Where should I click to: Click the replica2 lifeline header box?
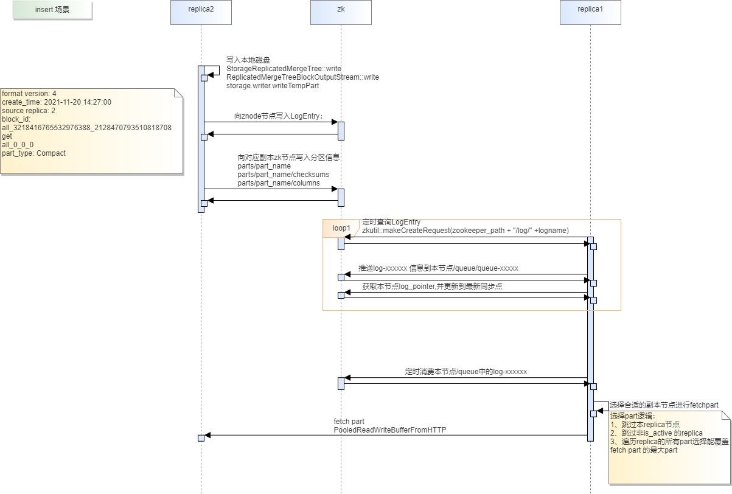[x=201, y=12]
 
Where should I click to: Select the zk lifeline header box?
[x=341, y=12]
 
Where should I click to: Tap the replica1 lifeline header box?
[x=590, y=12]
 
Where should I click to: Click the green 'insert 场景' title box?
[x=52, y=10]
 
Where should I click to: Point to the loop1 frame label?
[x=341, y=228]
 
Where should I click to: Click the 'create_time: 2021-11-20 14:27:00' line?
[x=57, y=102]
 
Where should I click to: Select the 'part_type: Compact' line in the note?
[x=33, y=153]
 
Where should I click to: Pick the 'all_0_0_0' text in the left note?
[x=18, y=145]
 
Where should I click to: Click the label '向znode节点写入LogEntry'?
[x=279, y=116]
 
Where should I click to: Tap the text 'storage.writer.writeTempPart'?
[x=273, y=86]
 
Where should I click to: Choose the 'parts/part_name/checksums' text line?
[x=284, y=175]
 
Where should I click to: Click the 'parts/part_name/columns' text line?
[x=279, y=183]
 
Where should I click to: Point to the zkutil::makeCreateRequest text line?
[x=465, y=231]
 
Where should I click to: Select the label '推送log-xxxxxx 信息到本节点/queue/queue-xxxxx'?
[x=438, y=268]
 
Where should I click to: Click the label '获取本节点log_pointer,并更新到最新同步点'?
[x=432, y=287]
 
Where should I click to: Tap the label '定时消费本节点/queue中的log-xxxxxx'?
[x=466, y=372]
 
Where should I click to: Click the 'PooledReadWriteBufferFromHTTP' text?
[x=390, y=430]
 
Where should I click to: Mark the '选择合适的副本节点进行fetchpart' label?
[x=664, y=405]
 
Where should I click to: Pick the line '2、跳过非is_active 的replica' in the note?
[x=656, y=433]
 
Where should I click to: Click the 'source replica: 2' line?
[x=29, y=111]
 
